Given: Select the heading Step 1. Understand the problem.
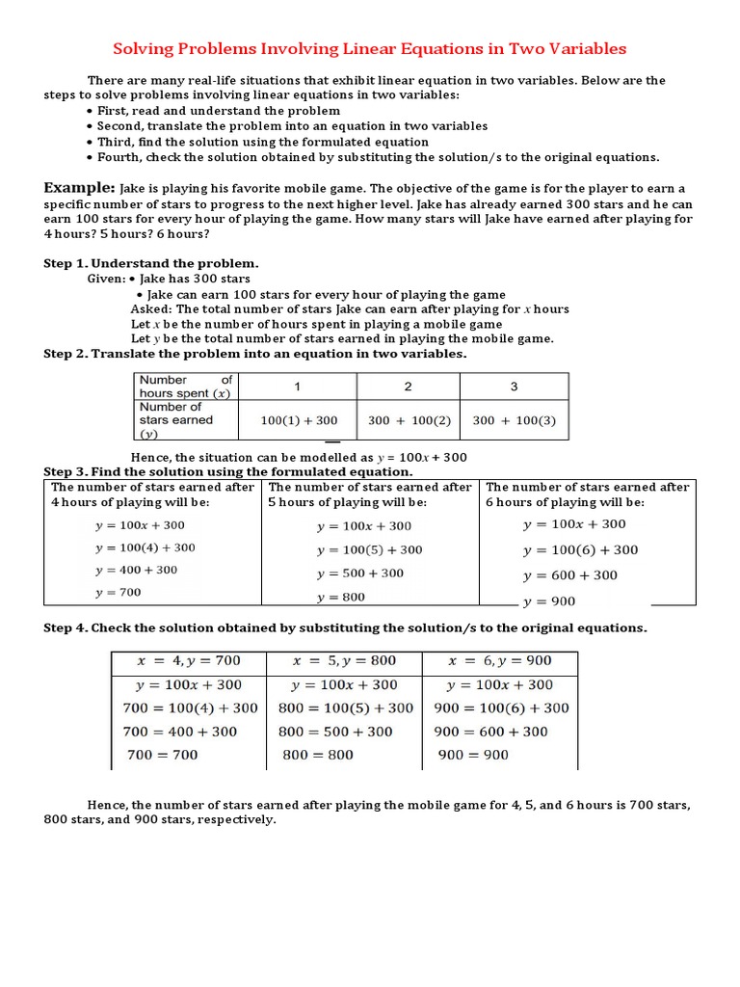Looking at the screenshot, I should [150, 263].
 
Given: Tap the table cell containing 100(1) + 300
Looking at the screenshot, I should [299, 420].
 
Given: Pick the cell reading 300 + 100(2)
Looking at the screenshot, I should [408, 420].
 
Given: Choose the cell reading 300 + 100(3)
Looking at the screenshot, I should [514, 420].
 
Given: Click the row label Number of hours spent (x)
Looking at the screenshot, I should [185, 387].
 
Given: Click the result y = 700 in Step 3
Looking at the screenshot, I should [119, 593].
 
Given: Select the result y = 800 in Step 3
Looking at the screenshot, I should [341, 598].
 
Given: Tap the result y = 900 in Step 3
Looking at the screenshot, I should [549, 601].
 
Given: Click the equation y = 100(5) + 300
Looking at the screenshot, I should [369, 549].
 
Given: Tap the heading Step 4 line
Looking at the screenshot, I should [346, 628].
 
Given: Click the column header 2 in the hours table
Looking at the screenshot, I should [408, 387].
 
